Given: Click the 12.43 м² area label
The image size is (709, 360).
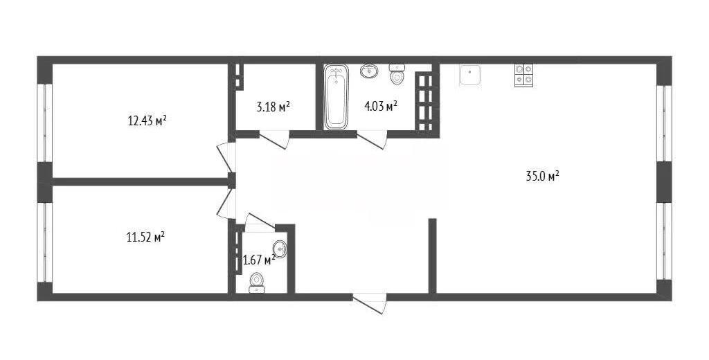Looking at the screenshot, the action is click(147, 120).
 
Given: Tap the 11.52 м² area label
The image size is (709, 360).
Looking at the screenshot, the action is click(145, 237).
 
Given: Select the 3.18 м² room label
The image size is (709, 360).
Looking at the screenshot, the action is click(273, 107).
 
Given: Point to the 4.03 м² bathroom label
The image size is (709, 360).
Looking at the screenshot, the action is click(382, 107).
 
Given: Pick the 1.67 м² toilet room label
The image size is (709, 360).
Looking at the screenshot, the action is click(259, 260).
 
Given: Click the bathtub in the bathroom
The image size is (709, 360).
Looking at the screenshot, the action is click(336, 96).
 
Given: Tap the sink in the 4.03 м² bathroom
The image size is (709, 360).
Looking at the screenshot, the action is click(370, 71).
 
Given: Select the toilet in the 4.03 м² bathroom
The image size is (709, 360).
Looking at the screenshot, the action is click(397, 75).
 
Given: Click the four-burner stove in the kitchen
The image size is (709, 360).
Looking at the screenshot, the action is click(523, 75).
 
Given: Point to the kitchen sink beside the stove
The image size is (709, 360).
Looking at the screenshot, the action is click(470, 75).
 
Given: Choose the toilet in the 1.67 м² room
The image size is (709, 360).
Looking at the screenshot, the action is click(257, 282).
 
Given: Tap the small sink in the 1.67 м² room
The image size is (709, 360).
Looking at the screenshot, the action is click(280, 249).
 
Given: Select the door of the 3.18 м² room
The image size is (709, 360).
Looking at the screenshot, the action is click(274, 139).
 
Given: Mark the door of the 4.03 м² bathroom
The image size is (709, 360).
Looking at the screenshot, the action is click(372, 139).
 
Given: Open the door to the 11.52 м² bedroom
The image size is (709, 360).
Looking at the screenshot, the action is click(226, 204).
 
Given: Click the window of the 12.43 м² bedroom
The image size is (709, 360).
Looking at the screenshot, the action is click(45, 123).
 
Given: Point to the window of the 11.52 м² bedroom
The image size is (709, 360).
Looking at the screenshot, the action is click(45, 242).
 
